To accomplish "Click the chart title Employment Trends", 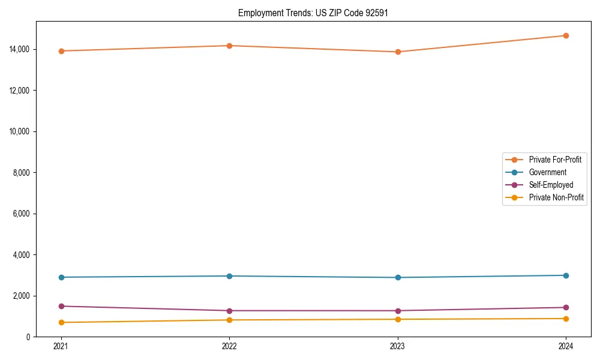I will (x=313, y=13).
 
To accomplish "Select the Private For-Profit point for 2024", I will (x=566, y=35).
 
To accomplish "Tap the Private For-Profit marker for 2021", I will (x=61, y=51).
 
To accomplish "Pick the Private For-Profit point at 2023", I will (x=398, y=52).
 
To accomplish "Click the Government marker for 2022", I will (x=229, y=276).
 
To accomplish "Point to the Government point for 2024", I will (x=566, y=275).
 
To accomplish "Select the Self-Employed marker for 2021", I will (x=61, y=306).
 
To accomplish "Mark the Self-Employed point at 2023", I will (x=398, y=311).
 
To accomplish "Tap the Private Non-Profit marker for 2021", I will (x=61, y=322).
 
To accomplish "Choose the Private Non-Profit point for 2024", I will (x=566, y=319).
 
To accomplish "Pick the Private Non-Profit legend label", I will (x=556, y=197).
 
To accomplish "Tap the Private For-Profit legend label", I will (x=555, y=160).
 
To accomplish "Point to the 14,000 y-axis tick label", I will (x=21, y=49).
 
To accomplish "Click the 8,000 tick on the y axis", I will (x=23, y=173).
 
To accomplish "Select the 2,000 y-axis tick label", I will (x=23, y=296).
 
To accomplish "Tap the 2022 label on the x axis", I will (x=229, y=346).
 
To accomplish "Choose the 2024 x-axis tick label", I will (x=566, y=346).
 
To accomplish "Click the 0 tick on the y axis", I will (x=28, y=337).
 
